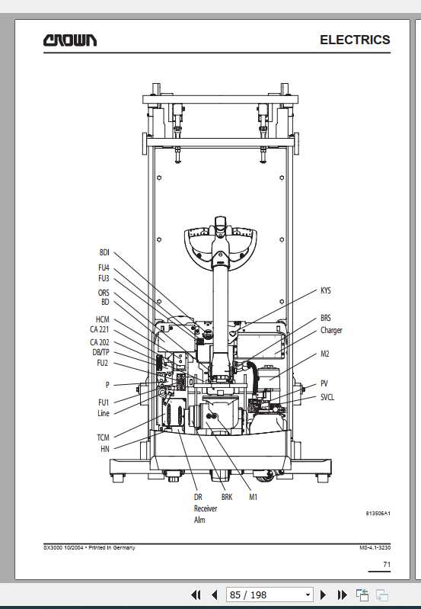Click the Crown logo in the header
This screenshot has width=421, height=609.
(x=70, y=40)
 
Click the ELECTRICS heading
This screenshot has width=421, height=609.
(x=355, y=40)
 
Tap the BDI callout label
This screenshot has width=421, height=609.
(x=104, y=252)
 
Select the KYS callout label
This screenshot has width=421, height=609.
(x=326, y=290)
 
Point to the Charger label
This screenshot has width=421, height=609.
(x=331, y=331)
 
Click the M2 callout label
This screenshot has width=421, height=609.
(x=325, y=354)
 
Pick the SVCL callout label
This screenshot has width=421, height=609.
(x=327, y=397)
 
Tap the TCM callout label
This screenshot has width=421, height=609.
(x=104, y=438)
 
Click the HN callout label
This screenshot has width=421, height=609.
(x=105, y=449)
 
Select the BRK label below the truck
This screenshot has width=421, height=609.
(x=227, y=497)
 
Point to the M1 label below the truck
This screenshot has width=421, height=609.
(x=253, y=497)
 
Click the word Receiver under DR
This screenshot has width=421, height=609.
(x=206, y=508)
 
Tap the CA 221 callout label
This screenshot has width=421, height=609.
(x=100, y=329)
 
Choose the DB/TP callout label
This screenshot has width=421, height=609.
(x=101, y=352)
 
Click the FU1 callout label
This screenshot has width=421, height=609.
(x=104, y=402)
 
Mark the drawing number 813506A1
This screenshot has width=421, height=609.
(x=378, y=513)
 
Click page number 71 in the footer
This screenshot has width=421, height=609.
(x=387, y=564)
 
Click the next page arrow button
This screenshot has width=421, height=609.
(x=323, y=595)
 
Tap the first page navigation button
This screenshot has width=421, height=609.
(x=196, y=595)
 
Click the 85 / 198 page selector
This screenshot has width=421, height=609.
(x=270, y=595)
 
